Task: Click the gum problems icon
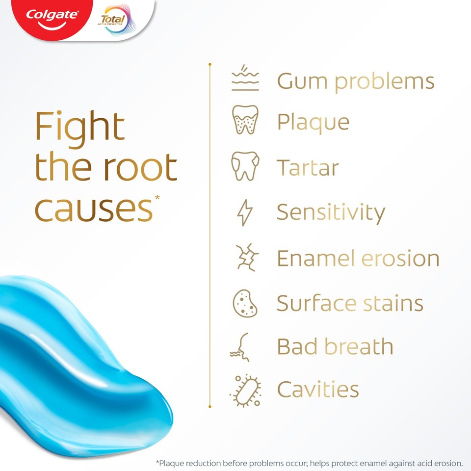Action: [x=245, y=79]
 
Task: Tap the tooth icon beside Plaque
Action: [x=245, y=120]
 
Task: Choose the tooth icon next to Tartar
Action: [x=245, y=165]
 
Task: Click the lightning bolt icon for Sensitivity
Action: [x=245, y=212]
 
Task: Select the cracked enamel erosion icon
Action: [x=245, y=257]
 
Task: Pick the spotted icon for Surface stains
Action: [x=245, y=303]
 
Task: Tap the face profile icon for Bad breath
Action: [x=241, y=346]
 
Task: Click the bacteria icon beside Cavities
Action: [x=245, y=391]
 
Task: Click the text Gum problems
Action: [x=356, y=81]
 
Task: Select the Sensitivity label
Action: [x=331, y=212]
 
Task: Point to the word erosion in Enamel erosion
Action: [x=401, y=259]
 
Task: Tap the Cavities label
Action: [x=318, y=390]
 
